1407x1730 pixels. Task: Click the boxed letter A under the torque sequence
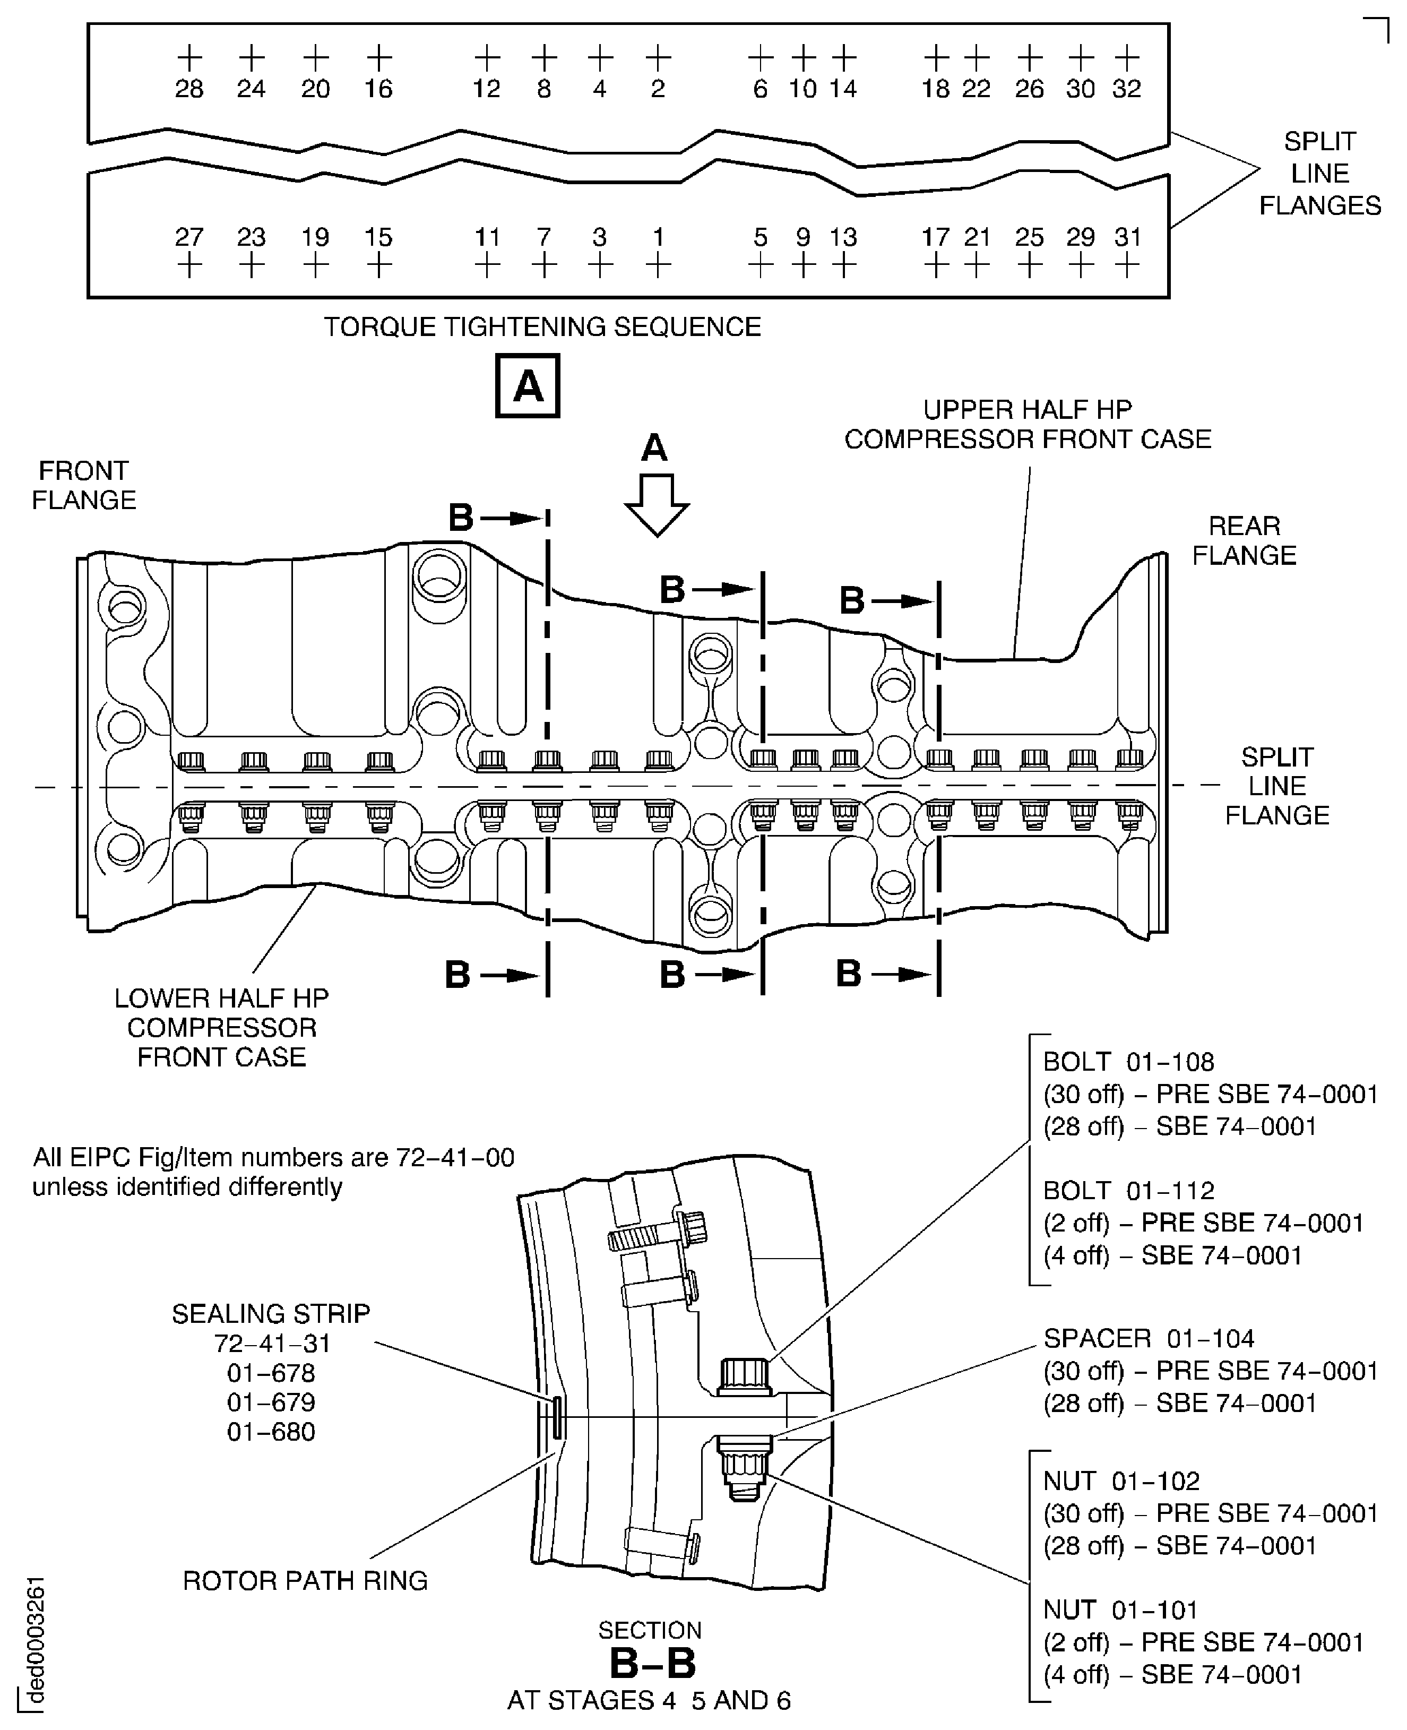tap(528, 386)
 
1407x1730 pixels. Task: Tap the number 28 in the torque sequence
tap(189, 88)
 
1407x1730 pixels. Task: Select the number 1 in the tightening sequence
tap(658, 237)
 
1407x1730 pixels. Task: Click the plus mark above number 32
tap(1127, 57)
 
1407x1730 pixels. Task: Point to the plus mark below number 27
tap(189, 265)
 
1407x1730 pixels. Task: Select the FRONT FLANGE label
tap(83, 485)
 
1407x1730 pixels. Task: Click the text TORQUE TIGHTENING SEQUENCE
tap(542, 326)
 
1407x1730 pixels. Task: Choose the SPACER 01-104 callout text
tap(1149, 1338)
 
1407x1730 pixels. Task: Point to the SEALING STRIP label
tap(271, 1313)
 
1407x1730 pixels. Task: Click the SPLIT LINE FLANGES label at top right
tap(1319, 174)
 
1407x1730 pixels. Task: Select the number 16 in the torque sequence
tap(378, 88)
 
